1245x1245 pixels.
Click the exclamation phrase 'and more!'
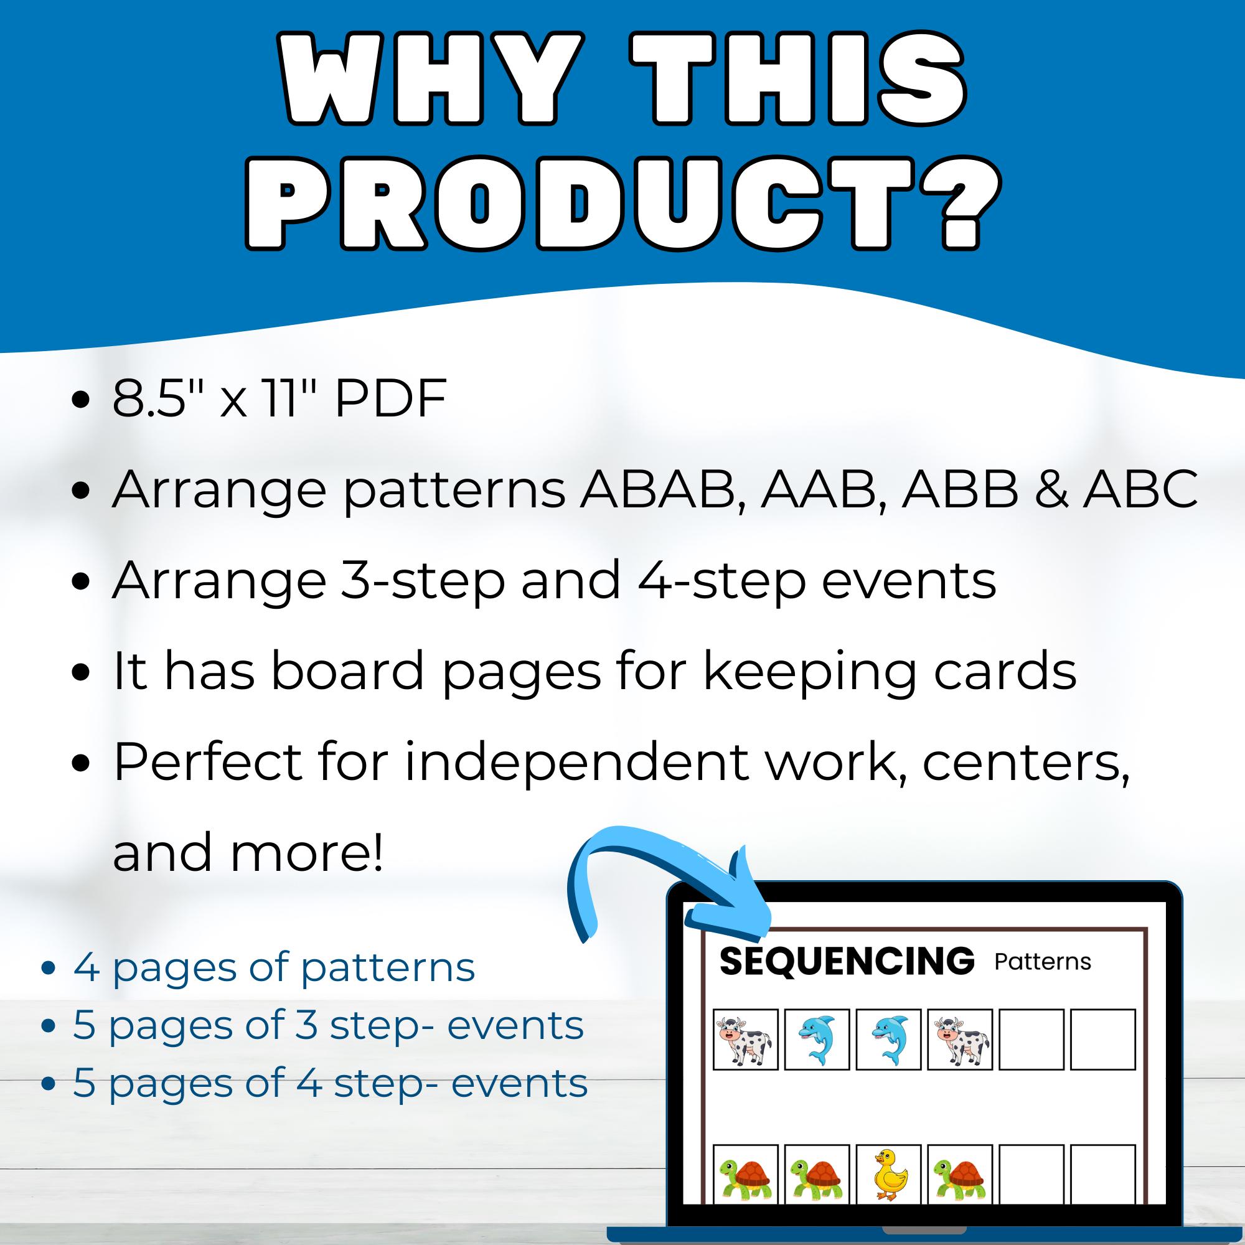[248, 852]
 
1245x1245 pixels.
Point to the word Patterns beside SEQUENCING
[1043, 962]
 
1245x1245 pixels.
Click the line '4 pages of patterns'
[274, 967]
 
